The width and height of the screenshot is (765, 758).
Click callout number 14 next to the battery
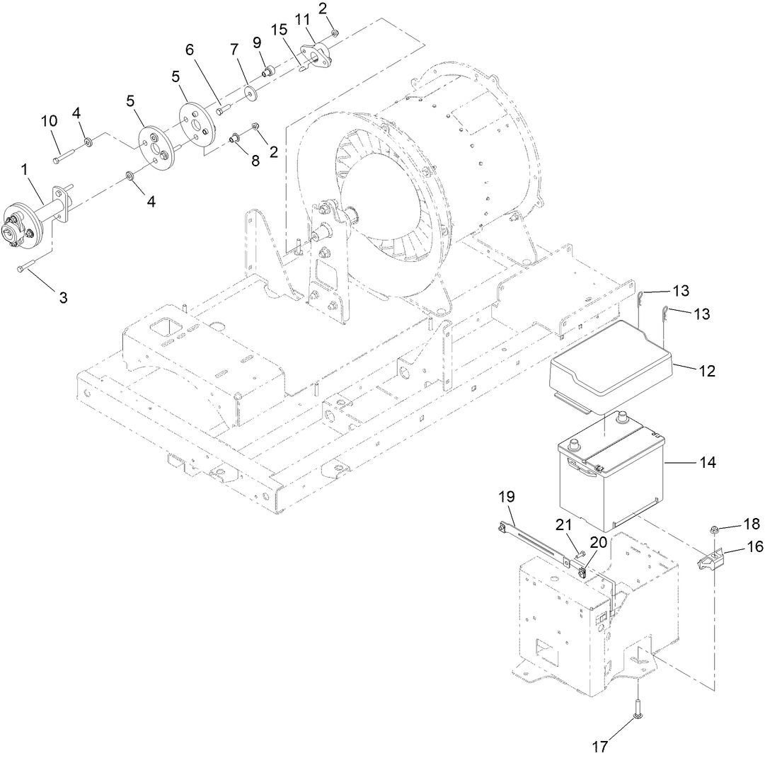pyautogui.click(x=707, y=462)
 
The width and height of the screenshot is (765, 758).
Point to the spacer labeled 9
pyautogui.click(x=269, y=71)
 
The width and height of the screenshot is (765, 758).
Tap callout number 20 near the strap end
pyautogui.click(x=598, y=542)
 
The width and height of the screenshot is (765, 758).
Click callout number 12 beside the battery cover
pyautogui.click(x=706, y=371)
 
